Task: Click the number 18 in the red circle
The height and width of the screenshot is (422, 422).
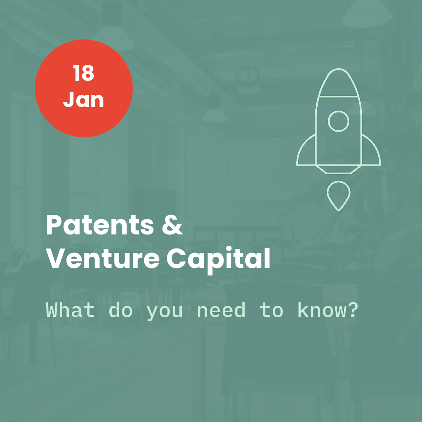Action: click(84, 73)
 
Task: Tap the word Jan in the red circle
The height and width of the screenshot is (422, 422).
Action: click(84, 100)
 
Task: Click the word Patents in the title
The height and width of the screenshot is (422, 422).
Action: click(100, 225)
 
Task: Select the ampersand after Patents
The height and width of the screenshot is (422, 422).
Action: click(173, 225)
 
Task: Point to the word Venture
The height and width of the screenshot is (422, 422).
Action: click(103, 258)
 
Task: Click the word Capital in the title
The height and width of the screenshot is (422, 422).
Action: click(218, 259)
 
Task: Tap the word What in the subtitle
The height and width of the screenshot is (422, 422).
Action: click(70, 310)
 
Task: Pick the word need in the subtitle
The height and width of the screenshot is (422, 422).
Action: click(221, 310)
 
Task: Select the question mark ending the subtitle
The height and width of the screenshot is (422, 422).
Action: click(353, 310)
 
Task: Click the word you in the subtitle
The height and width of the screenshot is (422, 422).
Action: click(165, 312)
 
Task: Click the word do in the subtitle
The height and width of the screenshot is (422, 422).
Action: click(120, 310)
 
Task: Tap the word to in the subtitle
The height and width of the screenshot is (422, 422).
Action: click(271, 310)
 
